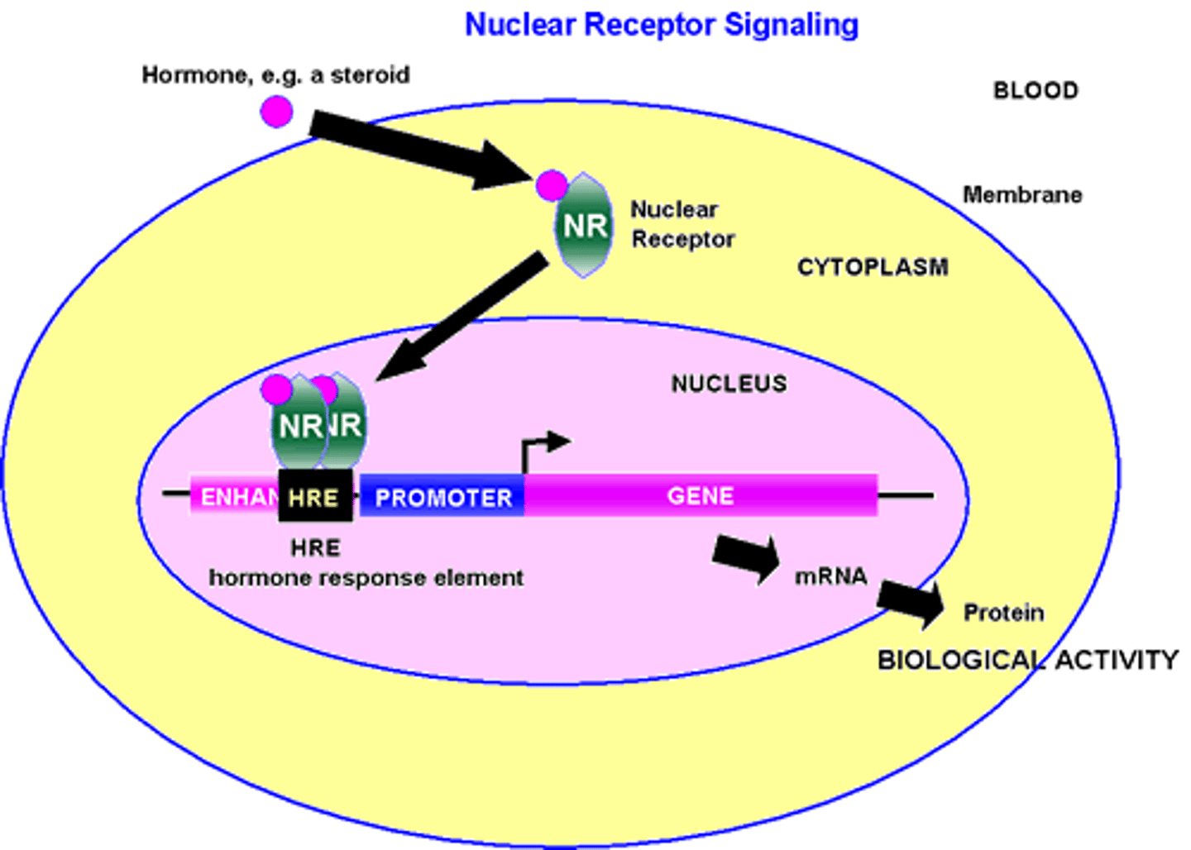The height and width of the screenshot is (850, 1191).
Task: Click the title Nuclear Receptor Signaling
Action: tap(662, 25)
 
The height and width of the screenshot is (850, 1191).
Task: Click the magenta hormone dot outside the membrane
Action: tap(277, 111)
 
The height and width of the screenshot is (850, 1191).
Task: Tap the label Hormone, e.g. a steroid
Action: tap(275, 75)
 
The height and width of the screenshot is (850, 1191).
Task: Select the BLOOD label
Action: tap(1036, 90)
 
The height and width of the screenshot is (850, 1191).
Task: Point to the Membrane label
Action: tap(1022, 195)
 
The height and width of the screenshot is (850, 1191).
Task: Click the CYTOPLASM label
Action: tap(873, 267)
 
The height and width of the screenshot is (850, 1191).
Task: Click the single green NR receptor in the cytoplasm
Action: tap(585, 226)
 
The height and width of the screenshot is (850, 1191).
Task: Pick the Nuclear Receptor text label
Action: tap(682, 224)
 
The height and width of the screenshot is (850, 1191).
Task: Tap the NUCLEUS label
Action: tap(729, 384)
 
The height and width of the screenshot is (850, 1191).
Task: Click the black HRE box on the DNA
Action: tap(315, 497)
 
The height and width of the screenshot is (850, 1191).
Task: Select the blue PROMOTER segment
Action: tap(442, 497)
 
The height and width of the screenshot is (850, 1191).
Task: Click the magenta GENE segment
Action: tap(701, 495)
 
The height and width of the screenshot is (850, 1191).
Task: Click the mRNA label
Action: tap(830, 576)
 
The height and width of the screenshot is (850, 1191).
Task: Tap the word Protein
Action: tap(1003, 613)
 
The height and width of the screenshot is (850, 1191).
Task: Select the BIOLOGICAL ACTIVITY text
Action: tap(1027, 660)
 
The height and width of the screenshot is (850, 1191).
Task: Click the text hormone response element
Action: tap(366, 577)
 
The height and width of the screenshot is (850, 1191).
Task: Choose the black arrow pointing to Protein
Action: tap(911, 601)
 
